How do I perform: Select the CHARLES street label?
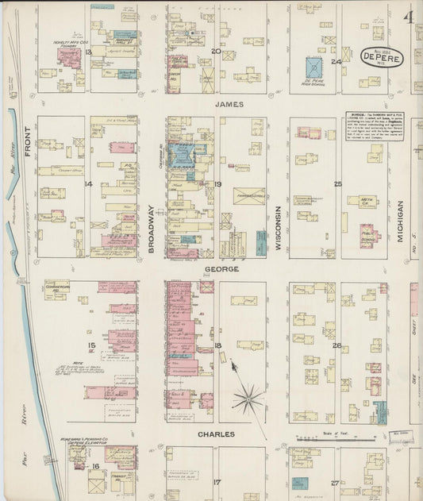pos(216,435)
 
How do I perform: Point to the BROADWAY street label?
pos(151,229)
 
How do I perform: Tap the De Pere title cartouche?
pos(382,58)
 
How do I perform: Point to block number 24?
pos(336,61)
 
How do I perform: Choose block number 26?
pos(336,345)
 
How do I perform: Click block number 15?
pos(92,345)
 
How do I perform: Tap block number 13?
pos(89,52)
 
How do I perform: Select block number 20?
pos(216,52)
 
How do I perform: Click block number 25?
pos(337,184)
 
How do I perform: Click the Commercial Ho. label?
pos(59,288)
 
